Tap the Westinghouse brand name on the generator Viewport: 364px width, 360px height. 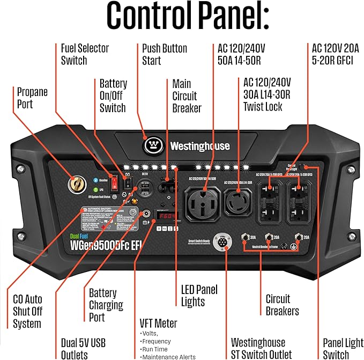199,146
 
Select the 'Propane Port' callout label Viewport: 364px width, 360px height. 32,98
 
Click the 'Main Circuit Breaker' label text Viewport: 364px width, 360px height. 187,96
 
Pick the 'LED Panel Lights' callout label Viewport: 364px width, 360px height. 199,295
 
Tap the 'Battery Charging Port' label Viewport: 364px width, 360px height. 106,305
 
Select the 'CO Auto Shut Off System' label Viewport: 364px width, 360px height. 27,311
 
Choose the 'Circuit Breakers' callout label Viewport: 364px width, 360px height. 282,305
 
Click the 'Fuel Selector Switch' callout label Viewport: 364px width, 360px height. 85,54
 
